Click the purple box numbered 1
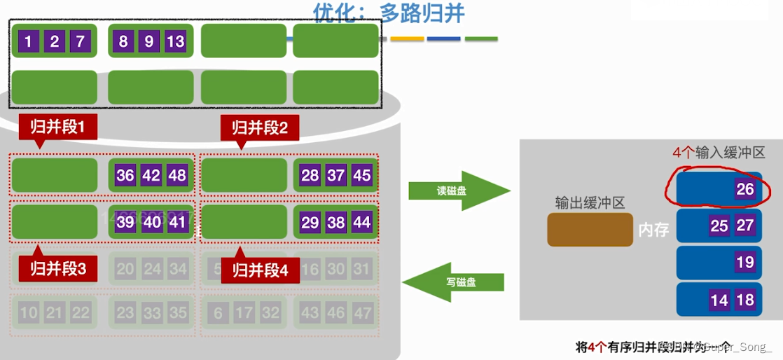point(28,41)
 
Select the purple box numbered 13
point(175,41)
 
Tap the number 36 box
point(125,175)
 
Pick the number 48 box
point(177,175)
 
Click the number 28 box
point(310,175)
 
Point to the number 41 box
point(177,223)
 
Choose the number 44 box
point(361,223)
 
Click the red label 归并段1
point(58,127)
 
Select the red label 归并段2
point(260,127)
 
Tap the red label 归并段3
point(58,269)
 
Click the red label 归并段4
point(260,270)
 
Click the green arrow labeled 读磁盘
point(458,190)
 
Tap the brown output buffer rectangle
point(590,230)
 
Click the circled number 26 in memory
point(745,188)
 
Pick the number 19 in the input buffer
point(745,263)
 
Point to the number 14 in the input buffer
point(719,300)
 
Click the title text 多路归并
point(422,13)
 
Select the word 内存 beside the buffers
point(653,230)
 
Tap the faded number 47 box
point(361,313)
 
